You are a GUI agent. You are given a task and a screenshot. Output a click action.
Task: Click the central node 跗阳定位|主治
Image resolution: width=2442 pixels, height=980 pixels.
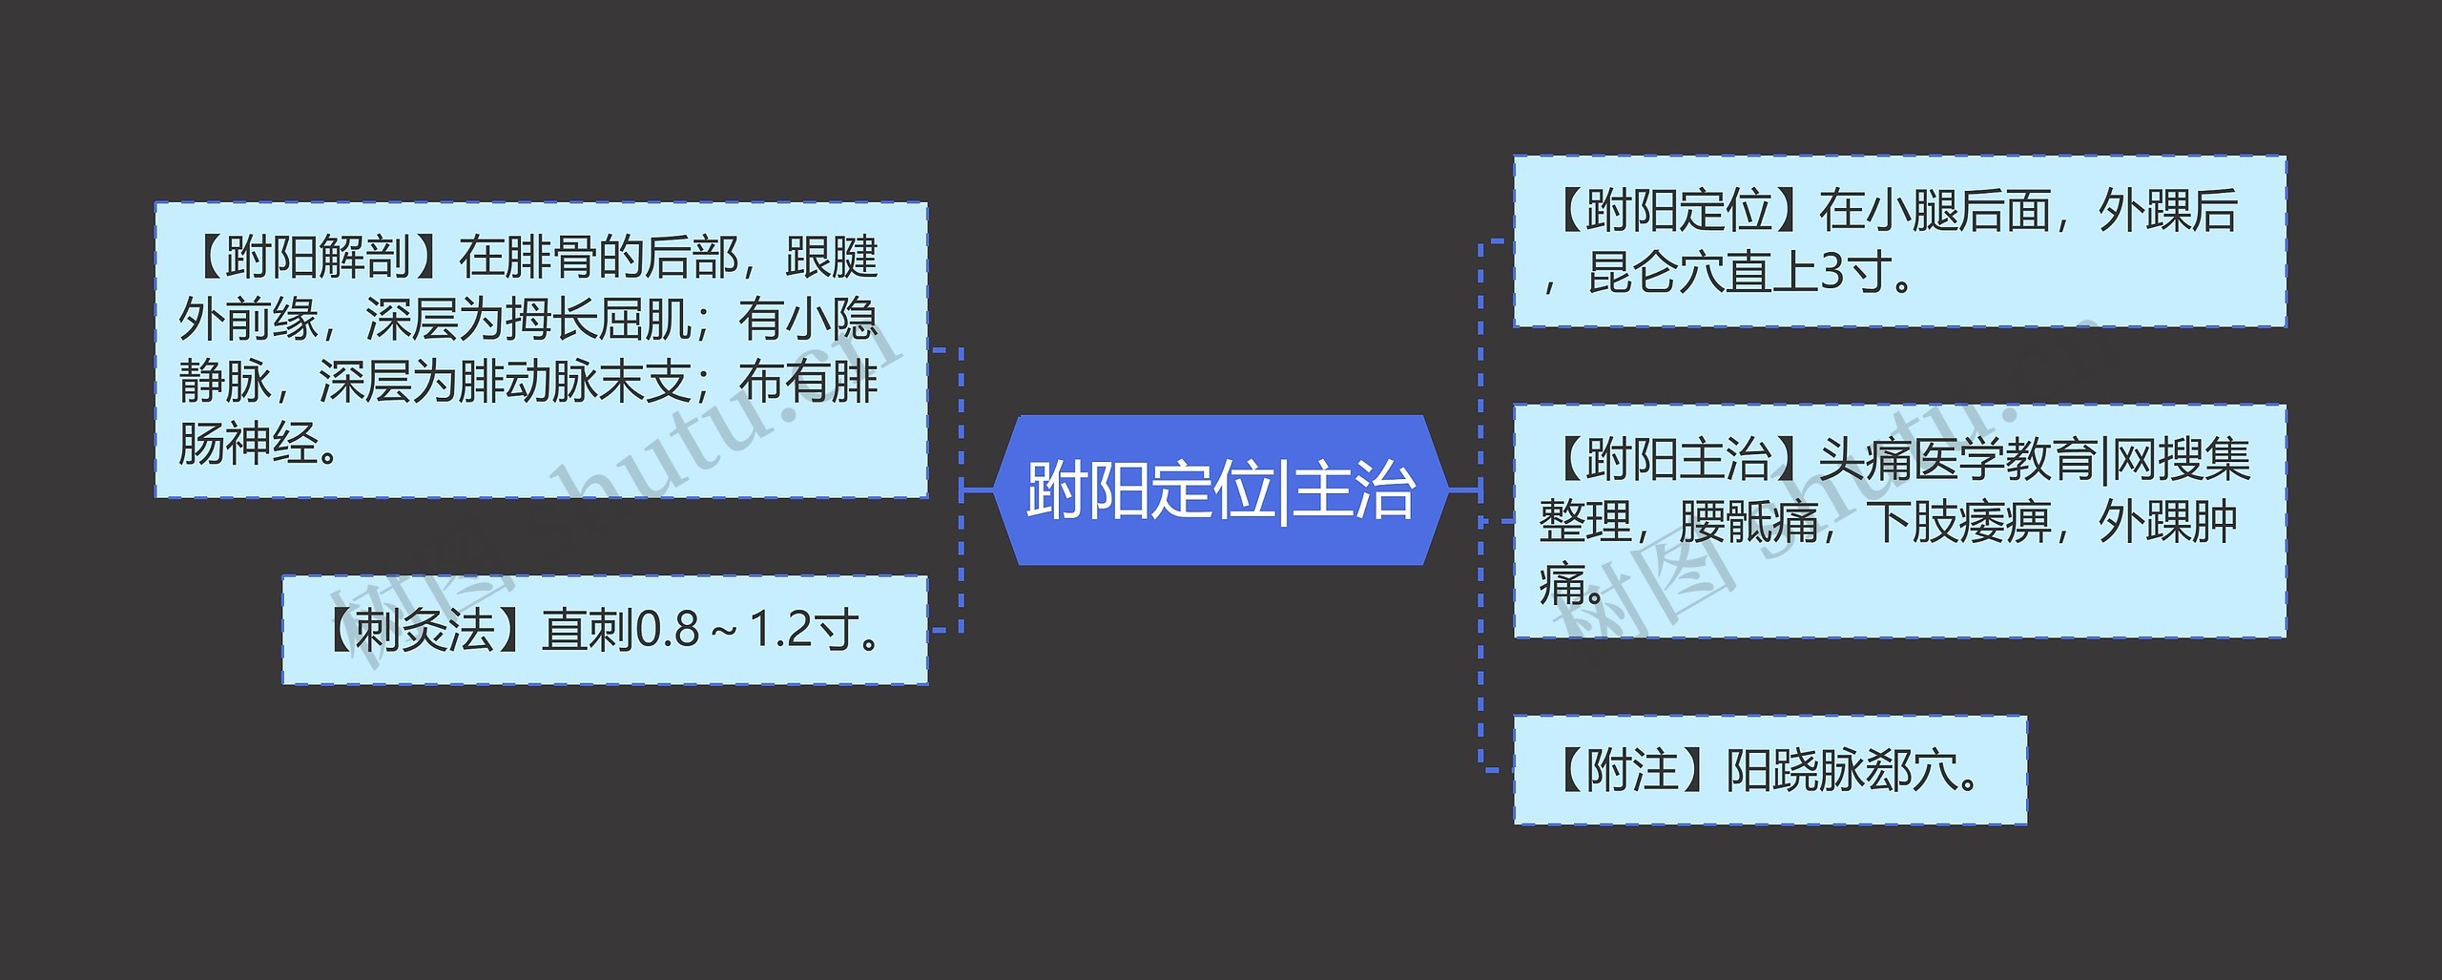point(1220,490)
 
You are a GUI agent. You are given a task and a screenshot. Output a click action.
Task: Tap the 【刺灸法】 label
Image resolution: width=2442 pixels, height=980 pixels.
point(424,630)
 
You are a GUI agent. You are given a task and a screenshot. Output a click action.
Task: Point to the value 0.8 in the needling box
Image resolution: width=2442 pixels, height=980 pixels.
point(667,630)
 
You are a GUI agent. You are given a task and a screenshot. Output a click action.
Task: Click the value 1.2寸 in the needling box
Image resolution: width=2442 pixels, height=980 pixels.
point(805,630)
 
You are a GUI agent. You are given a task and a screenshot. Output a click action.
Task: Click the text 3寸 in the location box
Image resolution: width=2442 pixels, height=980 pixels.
point(1855,273)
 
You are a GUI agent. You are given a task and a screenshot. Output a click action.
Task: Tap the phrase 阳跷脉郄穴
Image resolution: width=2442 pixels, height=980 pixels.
point(1841,770)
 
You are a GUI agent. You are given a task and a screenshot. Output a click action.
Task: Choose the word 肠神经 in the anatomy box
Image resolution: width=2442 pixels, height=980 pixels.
point(248,445)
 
